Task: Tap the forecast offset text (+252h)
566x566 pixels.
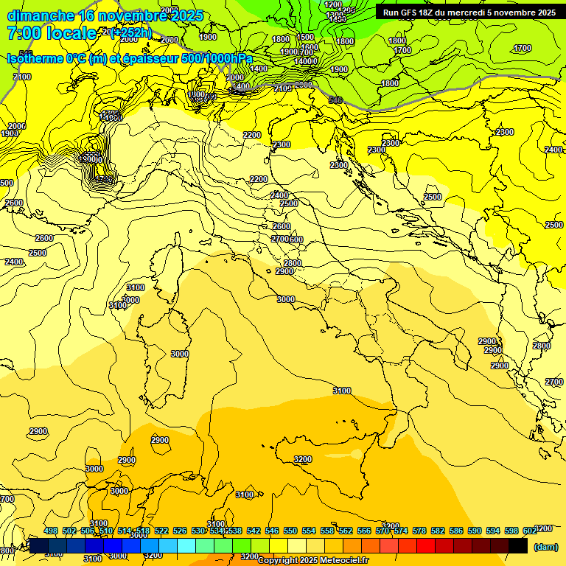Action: point(130,32)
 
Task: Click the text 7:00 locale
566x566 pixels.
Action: point(52,33)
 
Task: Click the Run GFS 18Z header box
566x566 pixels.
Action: point(469,12)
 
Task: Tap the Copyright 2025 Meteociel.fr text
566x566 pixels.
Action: point(313,560)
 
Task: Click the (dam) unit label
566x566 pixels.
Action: point(545,546)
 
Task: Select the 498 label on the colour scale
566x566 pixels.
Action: point(51,531)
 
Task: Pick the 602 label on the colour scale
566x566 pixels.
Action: point(530,531)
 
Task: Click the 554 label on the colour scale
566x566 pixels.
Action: point(309,531)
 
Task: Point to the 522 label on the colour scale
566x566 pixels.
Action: point(161,531)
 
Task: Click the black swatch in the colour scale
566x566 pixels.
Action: point(518,546)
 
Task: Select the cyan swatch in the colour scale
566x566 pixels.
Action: point(186,546)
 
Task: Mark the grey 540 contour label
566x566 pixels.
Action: point(335,99)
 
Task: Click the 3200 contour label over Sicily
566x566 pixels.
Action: point(302,459)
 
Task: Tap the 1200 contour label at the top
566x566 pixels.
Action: point(333,4)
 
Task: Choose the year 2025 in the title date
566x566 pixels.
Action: point(181,15)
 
